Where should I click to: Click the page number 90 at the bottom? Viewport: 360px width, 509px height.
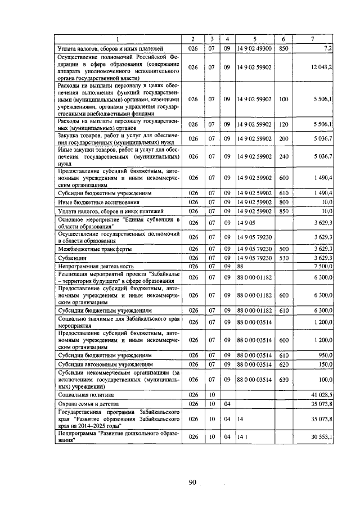pos(192,481)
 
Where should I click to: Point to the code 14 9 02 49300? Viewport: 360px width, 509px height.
pos(254,49)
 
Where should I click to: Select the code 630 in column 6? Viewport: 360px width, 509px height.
pos(283,380)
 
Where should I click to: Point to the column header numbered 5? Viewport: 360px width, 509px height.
pos(254,39)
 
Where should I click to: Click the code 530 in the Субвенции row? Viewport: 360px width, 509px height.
pos(283,258)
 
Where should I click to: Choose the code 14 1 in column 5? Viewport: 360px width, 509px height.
pos(242,436)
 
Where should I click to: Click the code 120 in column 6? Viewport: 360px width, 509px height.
pos(283,124)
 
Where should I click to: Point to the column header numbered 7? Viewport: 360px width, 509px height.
pos(313,39)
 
